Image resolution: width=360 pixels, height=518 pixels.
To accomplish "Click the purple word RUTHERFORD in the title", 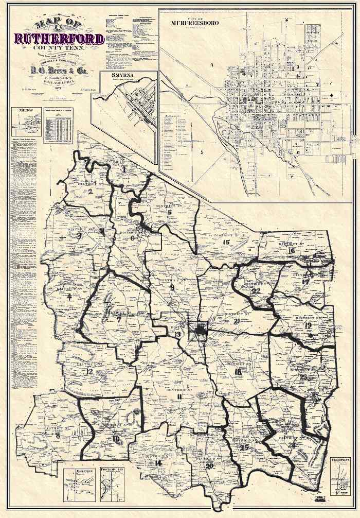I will point(60,39).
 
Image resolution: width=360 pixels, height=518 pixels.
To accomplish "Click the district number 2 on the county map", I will point(89,192).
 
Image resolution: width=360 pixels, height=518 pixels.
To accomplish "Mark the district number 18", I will point(238,372).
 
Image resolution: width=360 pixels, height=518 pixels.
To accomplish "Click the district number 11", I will point(179,396).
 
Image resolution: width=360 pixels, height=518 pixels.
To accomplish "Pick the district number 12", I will point(89,371).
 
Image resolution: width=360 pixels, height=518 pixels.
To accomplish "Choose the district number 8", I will point(57,436).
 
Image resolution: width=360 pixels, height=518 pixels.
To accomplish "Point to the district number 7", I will point(119,320).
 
